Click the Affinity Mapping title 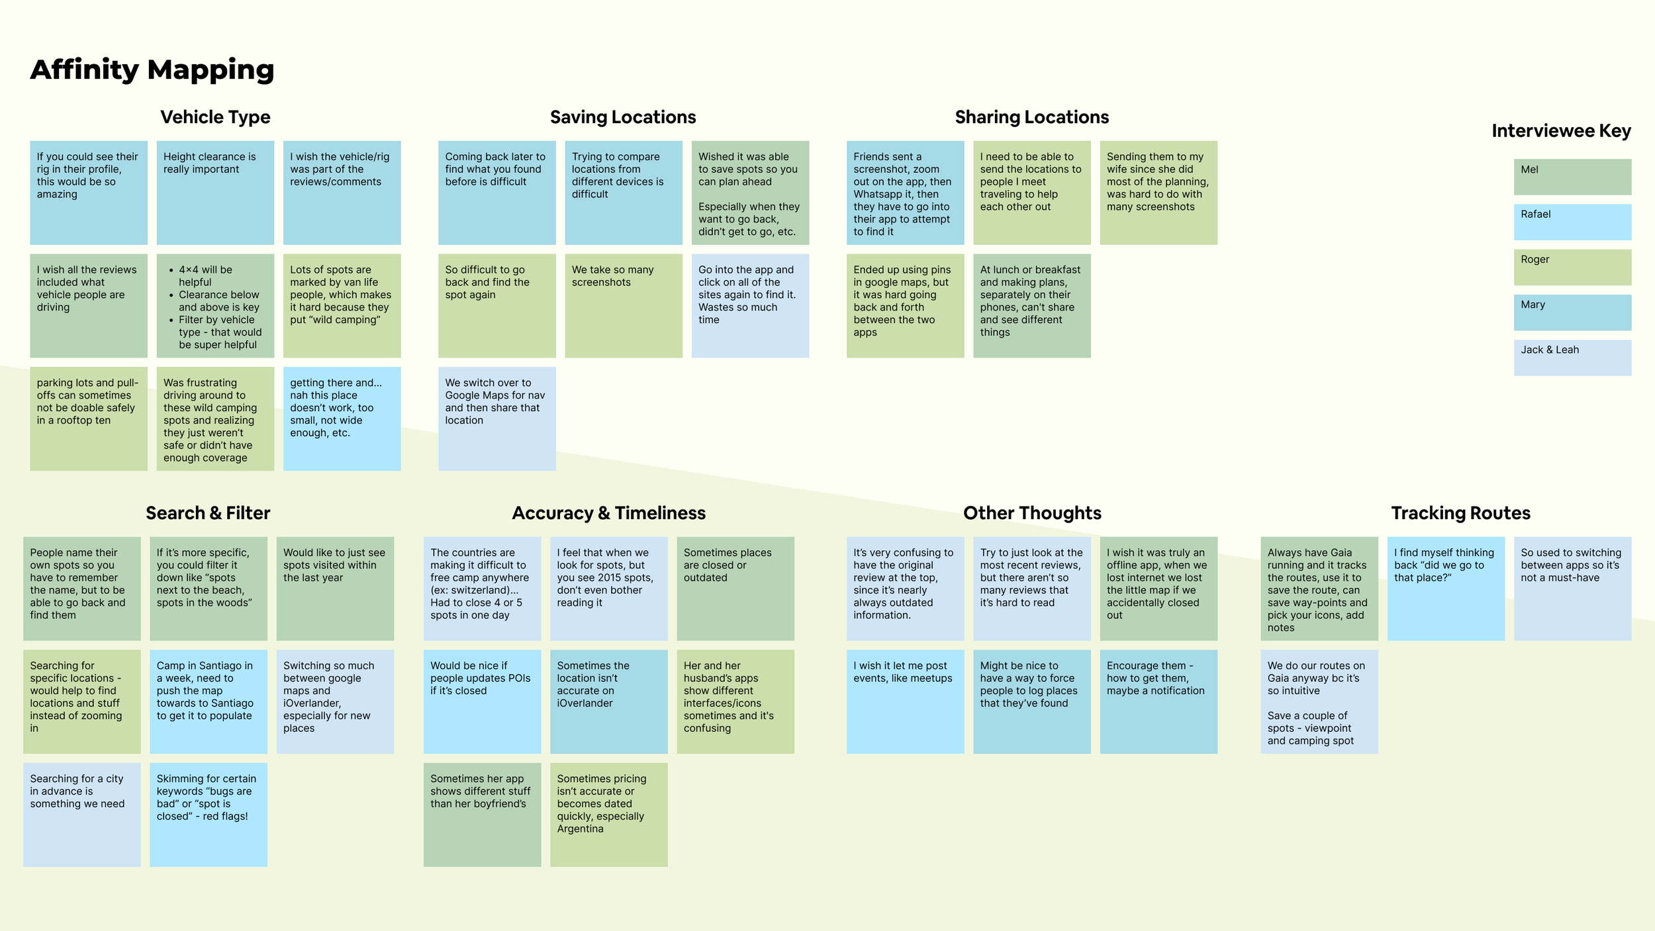click(x=152, y=70)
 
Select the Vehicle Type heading click(x=215, y=117)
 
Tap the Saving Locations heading click(x=623, y=117)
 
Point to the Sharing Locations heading click(x=1031, y=117)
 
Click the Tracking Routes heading click(x=1460, y=513)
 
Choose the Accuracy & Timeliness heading click(x=608, y=513)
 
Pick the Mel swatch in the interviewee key click(x=1572, y=177)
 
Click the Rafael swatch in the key click(x=1572, y=222)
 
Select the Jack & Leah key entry click(x=1572, y=358)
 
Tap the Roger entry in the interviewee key click(x=1572, y=267)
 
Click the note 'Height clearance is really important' click(x=215, y=193)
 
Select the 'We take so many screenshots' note click(x=623, y=306)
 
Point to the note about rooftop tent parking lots click(x=88, y=418)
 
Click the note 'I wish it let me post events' click(x=905, y=701)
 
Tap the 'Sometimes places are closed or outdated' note click(x=735, y=588)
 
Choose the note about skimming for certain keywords click(x=208, y=814)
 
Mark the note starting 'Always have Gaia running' click(x=1319, y=588)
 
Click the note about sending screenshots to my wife click(x=1158, y=193)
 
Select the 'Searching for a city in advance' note click(x=81, y=814)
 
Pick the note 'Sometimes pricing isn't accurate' click(x=608, y=814)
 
